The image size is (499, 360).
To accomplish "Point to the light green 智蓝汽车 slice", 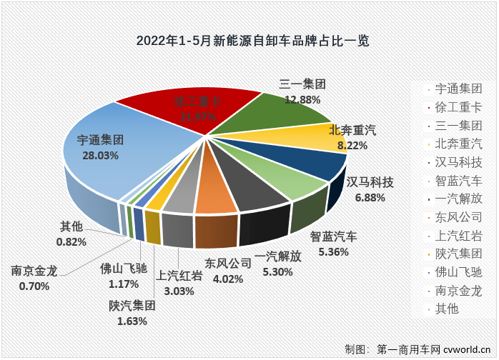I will click(x=286, y=189).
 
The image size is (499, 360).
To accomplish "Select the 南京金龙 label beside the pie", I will click(x=34, y=272).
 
